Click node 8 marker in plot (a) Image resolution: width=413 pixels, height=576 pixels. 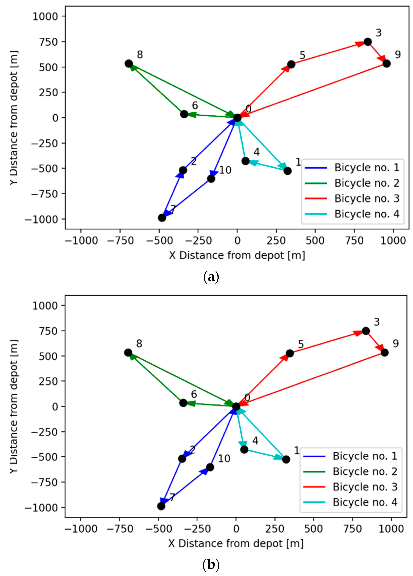pyautogui.click(x=129, y=64)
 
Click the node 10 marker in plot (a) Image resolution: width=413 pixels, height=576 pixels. pyautogui.click(x=211, y=179)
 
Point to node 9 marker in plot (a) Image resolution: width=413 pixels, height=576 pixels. pyautogui.click(x=386, y=64)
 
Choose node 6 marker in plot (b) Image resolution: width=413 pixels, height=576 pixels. pyautogui.click(x=183, y=403)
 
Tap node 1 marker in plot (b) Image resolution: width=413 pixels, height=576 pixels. pyautogui.click(x=286, y=459)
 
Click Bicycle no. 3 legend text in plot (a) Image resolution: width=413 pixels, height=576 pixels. pyautogui.click(x=367, y=198)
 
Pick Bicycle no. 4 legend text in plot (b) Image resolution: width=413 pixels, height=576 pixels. pyautogui.click(x=365, y=502)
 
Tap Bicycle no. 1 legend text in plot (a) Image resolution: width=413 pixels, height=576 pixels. pyautogui.click(x=367, y=167)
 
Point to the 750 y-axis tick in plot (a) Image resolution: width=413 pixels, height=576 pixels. pyautogui.click(x=48, y=42)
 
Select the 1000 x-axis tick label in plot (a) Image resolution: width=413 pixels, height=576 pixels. pyautogui.click(x=393, y=240)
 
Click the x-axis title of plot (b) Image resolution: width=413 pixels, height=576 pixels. pyautogui.click(x=236, y=543)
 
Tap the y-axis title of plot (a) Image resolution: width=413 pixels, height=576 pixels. pyautogui.click(x=14, y=118)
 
